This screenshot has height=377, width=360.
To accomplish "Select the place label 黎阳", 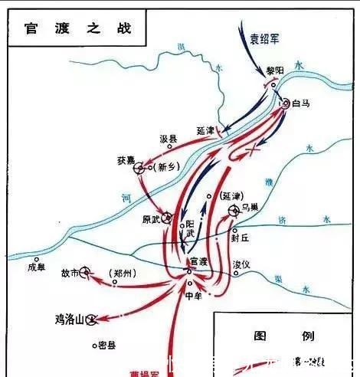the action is tap(274, 70).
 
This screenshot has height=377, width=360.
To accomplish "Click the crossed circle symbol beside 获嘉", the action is tap(140, 168).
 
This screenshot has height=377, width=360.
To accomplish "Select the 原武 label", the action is tap(152, 218).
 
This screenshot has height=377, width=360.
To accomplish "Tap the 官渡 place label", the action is tap(198, 261).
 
